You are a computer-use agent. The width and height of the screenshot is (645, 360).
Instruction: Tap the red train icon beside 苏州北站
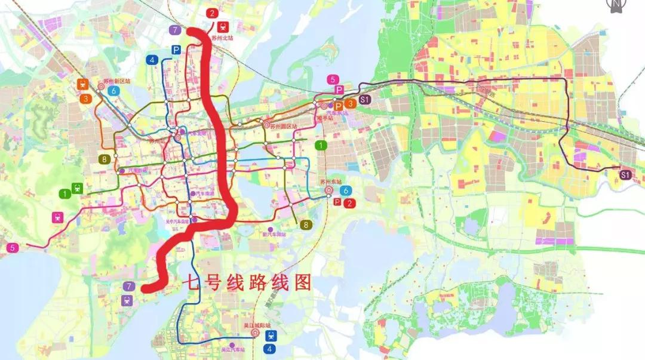224,27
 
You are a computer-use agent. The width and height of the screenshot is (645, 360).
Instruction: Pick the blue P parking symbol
176,50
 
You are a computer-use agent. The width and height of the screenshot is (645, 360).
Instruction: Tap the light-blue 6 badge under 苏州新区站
113,91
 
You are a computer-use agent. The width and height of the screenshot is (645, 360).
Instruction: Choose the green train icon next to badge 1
77,189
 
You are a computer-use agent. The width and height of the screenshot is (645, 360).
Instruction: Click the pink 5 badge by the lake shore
12,247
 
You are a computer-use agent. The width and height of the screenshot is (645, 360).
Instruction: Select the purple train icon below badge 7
128,300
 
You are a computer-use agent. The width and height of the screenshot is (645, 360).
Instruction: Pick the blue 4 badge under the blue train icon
271,348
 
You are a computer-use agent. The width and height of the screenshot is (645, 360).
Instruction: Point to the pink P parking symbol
338,90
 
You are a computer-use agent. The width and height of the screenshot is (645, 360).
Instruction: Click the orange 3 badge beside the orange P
351,104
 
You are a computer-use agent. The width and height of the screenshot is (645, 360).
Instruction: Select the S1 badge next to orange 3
365,100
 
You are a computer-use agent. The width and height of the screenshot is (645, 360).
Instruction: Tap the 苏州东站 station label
330,181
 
